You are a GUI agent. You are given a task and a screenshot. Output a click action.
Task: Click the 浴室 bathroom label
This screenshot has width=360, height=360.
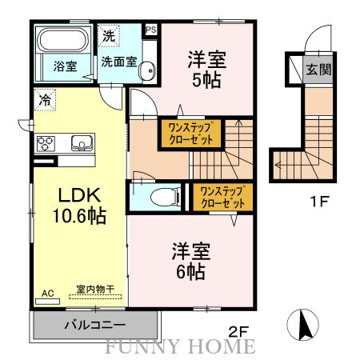tap(66, 66)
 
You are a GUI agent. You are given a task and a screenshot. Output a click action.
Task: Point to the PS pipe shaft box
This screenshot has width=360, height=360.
tap(150, 30)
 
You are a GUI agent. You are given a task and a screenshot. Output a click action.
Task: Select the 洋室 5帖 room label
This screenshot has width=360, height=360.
tap(206, 69)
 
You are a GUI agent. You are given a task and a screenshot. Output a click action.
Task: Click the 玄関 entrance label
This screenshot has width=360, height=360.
tap(318, 70)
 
